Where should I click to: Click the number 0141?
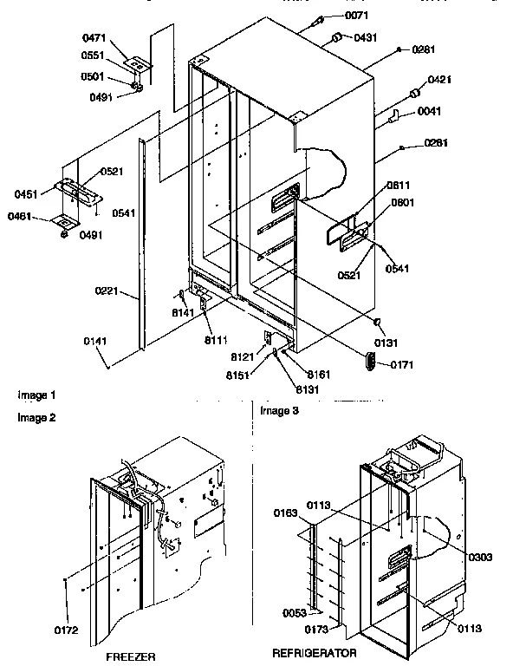[96, 343]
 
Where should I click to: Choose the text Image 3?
[279, 410]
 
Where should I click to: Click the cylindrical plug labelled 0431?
[335, 38]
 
